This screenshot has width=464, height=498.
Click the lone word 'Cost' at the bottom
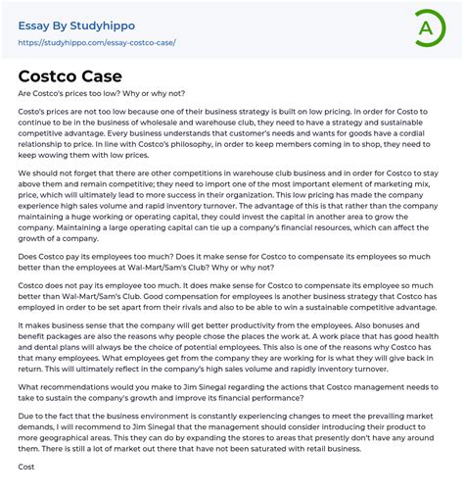click(x=26, y=468)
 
